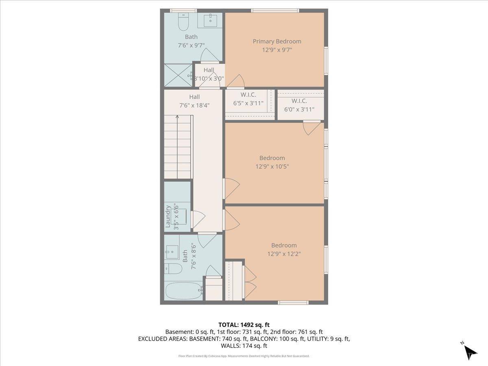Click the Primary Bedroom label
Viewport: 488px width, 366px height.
[277, 41]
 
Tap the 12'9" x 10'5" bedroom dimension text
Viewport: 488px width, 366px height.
[272, 166]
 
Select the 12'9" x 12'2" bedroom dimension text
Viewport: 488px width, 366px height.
[284, 254]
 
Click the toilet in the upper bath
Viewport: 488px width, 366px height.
[183, 23]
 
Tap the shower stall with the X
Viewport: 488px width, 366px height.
[178, 75]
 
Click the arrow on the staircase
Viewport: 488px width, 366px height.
[177, 118]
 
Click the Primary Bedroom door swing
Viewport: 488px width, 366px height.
[235, 81]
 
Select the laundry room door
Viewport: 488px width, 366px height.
[198, 220]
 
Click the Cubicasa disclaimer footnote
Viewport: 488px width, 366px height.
[244, 356]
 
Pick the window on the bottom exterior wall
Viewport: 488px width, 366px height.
[293, 302]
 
